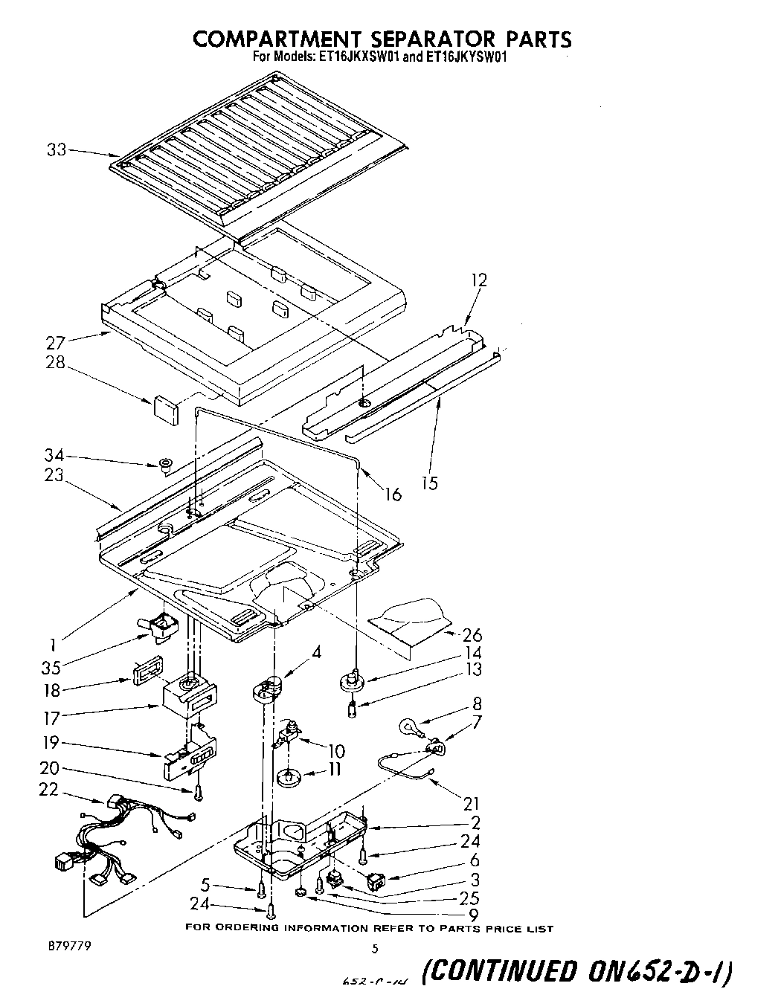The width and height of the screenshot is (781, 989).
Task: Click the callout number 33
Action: pyautogui.click(x=57, y=150)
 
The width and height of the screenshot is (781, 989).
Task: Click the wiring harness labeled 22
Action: pyautogui.click(x=119, y=840)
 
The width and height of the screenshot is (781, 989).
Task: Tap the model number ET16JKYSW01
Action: pyautogui.click(x=466, y=57)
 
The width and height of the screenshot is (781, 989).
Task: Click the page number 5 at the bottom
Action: pyautogui.click(x=376, y=948)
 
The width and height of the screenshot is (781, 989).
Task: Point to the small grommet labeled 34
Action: pyautogui.click(x=164, y=466)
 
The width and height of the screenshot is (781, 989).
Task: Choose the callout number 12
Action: pyautogui.click(x=479, y=280)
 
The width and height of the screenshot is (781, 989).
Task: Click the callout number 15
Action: pyautogui.click(x=430, y=483)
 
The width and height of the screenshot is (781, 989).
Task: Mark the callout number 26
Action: pyautogui.click(x=472, y=634)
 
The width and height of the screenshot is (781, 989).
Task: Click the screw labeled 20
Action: pyautogui.click(x=199, y=793)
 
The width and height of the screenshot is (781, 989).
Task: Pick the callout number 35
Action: pyautogui.click(x=51, y=667)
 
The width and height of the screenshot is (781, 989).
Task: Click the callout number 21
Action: pyautogui.click(x=472, y=804)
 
